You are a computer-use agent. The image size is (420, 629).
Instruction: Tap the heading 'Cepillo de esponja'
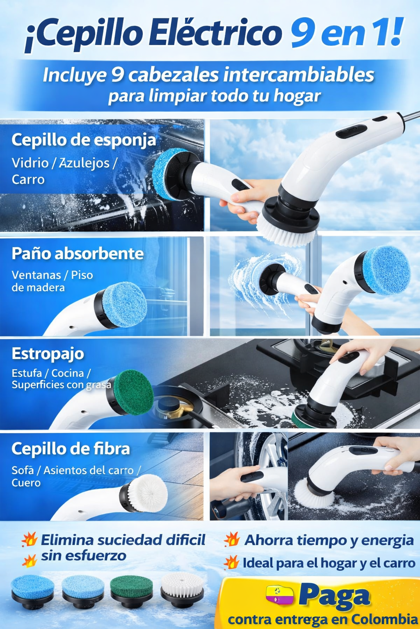(x=84, y=140)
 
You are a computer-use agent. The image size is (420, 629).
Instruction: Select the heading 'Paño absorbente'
(x=78, y=253)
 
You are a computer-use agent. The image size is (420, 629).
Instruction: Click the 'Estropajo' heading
(x=48, y=353)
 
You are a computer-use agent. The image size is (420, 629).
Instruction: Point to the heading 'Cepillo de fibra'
(x=71, y=449)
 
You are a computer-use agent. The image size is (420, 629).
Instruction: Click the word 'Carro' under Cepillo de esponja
(x=28, y=179)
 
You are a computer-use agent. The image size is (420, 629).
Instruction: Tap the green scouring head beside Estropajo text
(x=133, y=392)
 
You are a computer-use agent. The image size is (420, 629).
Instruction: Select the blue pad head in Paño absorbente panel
(x=124, y=304)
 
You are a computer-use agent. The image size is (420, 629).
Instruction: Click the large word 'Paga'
(x=334, y=596)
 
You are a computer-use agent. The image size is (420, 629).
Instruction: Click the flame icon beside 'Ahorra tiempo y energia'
(x=232, y=539)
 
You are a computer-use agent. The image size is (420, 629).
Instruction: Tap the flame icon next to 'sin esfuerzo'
(x=30, y=561)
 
